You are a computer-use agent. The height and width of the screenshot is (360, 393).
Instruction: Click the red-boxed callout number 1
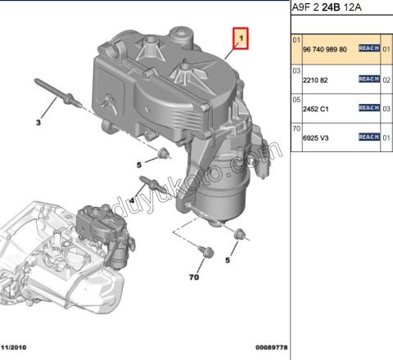coord(242,38)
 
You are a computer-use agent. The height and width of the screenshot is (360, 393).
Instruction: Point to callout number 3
coord(37,123)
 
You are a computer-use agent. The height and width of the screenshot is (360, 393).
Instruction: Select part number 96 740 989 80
coord(325,49)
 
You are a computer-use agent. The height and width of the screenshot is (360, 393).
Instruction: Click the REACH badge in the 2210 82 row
coord(368,79)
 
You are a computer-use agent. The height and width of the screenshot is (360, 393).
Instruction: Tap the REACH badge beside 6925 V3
coord(368,137)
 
